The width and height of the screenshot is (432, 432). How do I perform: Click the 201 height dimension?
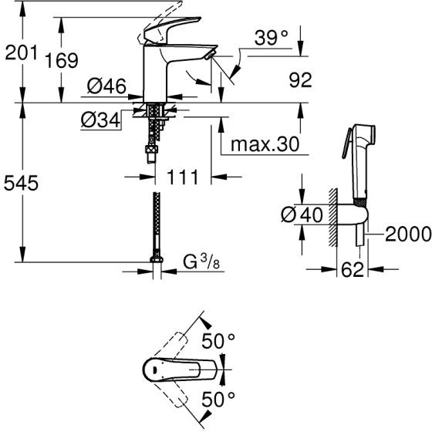point(22,52)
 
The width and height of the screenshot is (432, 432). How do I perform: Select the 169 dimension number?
point(62,61)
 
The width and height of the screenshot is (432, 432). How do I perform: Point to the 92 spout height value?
point(301,80)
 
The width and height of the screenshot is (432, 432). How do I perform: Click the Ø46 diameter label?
point(106,86)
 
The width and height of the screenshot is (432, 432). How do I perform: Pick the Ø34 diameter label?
point(101,120)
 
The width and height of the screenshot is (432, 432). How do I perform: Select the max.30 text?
point(265,144)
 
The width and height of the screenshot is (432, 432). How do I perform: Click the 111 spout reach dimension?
point(183,177)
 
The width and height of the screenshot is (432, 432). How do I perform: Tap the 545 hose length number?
point(21,183)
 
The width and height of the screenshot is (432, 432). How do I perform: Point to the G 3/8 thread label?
point(201,262)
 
